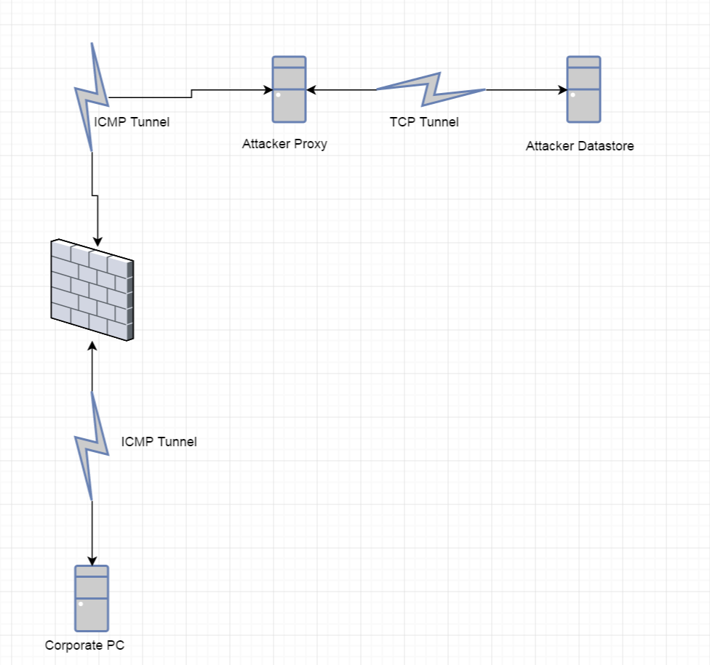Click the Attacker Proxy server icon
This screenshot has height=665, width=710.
tap(289, 89)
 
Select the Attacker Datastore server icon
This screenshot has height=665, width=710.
tap(583, 89)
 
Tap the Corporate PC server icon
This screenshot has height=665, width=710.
tap(92, 598)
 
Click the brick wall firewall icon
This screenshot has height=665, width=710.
tap(92, 289)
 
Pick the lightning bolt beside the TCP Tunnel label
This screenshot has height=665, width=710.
tap(431, 89)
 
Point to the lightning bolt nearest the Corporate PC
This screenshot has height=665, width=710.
tap(92, 445)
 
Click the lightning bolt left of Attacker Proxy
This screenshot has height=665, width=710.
tap(92, 96)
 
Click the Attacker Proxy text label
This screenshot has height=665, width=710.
tap(284, 144)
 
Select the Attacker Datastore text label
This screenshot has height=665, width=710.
tap(580, 146)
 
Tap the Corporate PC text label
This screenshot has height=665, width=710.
tap(89, 645)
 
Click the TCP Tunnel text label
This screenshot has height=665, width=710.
tap(424, 122)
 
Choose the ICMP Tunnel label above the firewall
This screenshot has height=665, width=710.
tap(132, 122)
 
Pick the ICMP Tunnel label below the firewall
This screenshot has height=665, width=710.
tap(159, 441)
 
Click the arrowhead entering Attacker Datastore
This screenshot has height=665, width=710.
tap(562, 90)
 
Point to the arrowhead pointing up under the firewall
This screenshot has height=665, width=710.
tap(92, 343)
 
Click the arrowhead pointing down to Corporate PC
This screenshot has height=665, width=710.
tap(92, 560)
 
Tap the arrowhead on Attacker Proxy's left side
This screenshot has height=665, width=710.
tap(267, 90)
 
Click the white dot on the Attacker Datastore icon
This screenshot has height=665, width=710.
tap(574, 95)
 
